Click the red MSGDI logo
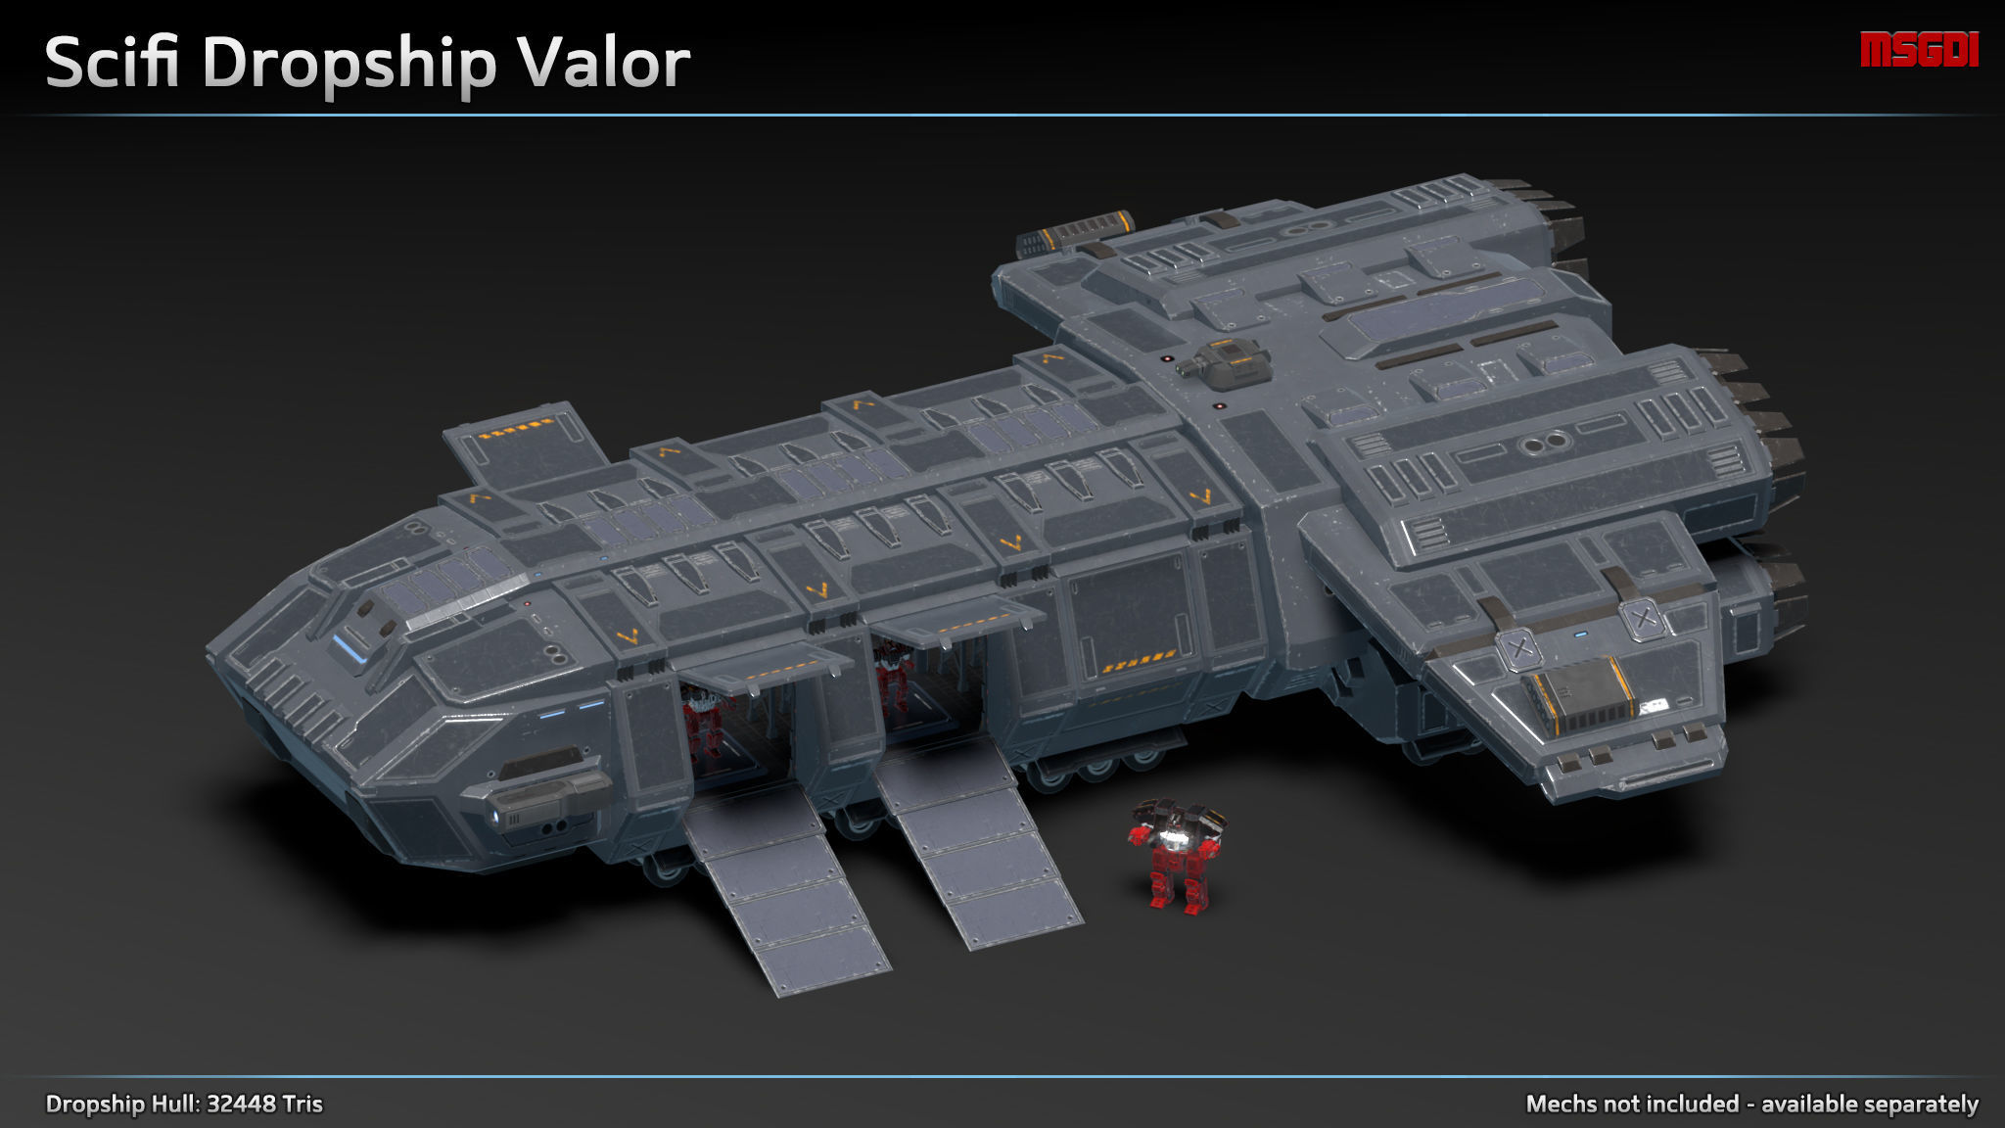[1919, 50]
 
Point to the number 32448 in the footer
[240, 1104]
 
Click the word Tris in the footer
[302, 1104]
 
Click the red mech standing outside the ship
[1177, 858]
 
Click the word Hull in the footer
[175, 1104]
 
